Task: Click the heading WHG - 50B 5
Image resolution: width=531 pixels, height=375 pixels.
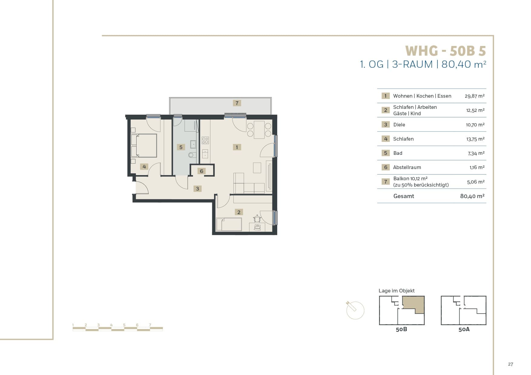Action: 445,51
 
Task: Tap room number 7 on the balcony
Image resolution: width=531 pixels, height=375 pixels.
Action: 237,103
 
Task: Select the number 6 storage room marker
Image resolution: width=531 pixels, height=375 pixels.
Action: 202,171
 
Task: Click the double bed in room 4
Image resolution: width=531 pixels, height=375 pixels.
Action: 144,145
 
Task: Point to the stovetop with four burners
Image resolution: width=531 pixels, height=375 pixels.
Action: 205,140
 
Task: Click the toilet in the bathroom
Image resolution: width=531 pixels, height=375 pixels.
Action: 192,155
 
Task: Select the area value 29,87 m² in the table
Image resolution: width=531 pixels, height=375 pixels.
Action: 474,96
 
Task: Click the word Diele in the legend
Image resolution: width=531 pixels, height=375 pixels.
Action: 399,125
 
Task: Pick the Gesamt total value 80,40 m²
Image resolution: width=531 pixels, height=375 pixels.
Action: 472,196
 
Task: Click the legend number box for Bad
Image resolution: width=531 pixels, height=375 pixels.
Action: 385,153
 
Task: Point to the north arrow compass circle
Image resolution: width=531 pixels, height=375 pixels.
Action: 355,311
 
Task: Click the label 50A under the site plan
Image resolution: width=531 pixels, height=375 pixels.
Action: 464,329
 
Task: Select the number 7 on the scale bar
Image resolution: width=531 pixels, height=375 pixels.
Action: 150,325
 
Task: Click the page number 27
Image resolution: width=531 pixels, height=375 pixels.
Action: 510,364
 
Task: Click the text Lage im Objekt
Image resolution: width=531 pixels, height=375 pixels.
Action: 397,291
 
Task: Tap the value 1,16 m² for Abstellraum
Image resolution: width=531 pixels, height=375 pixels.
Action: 477,167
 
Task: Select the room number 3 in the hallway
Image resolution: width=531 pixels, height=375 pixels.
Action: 197,189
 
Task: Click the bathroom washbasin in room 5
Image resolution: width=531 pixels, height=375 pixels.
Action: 193,144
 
